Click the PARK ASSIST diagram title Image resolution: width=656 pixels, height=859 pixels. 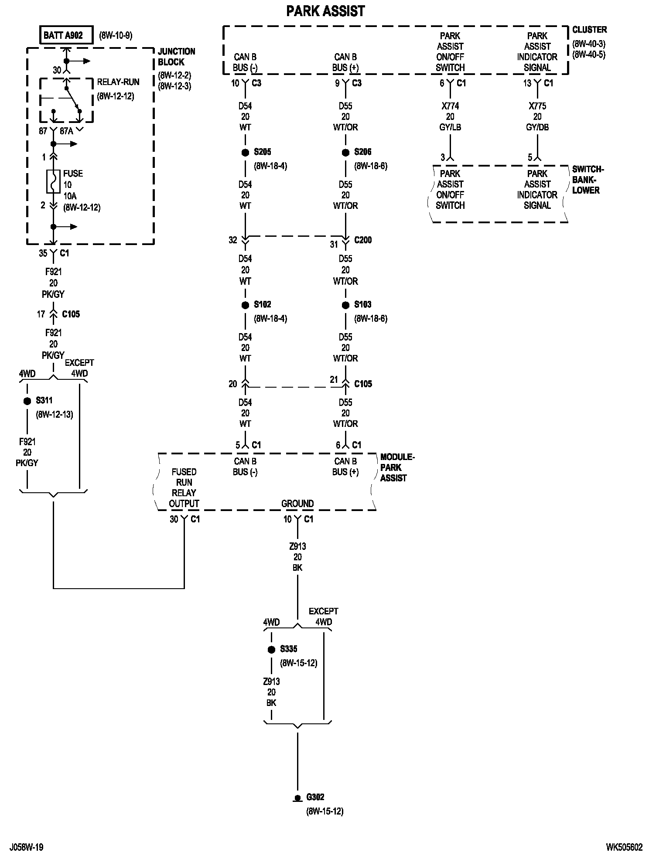tap(325, 11)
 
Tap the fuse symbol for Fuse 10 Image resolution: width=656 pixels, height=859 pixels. tap(53, 181)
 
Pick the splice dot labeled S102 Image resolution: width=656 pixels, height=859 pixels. tap(245, 305)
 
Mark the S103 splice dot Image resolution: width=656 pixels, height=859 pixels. tap(345, 305)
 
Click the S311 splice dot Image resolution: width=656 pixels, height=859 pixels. tap(27, 401)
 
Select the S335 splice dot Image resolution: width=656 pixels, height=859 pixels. tap(271, 649)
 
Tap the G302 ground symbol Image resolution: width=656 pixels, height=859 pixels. tap(297, 798)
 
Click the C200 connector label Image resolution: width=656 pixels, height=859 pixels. tap(363, 240)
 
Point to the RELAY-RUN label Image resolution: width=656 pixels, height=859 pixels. tap(118, 82)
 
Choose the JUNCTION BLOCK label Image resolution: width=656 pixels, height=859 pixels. tap(176, 57)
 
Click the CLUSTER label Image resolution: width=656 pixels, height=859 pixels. tap(589, 30)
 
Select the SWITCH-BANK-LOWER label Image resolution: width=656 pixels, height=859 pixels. tap(588, 180)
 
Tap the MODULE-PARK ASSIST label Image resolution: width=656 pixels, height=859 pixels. tap(397, 467)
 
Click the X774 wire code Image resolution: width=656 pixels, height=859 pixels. tap(450, 106)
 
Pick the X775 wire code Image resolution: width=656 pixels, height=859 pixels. tap(537, 106)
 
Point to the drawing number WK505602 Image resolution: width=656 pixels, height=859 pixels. tap(624, 847)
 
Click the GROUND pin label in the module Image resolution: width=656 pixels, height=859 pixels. tap(297, 504)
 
